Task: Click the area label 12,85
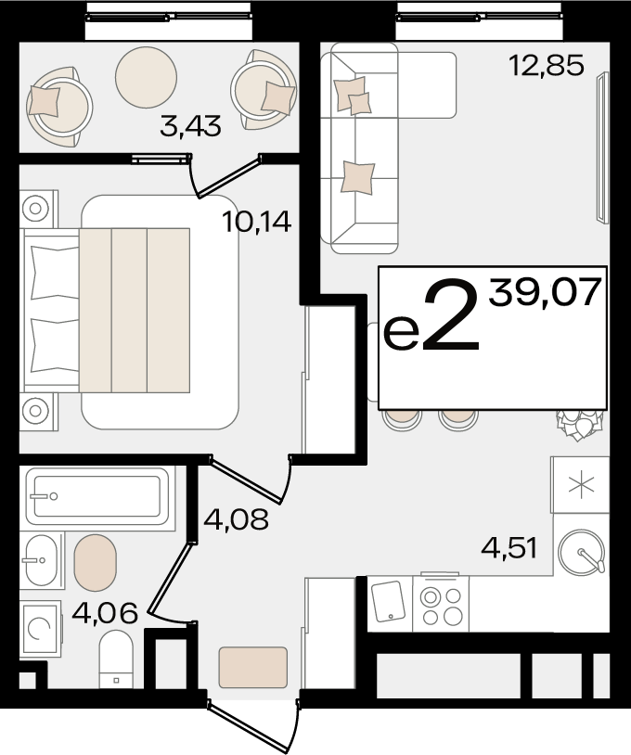coord(547,66)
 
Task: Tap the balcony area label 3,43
coord(190,127)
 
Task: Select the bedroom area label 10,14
coord(257,222)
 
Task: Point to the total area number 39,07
coord(545,292)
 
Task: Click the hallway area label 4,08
coord(236,519)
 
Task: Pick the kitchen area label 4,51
coord(509,548)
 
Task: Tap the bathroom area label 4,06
coord(105,613)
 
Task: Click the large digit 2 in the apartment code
coord(451,316)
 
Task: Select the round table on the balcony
coord(146,77)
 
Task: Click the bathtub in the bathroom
coord(97,496)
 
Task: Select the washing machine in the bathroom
coord(41,628)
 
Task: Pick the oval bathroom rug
coord(96,562)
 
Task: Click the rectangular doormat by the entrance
coord(253,668)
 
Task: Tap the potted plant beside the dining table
coord(578,424)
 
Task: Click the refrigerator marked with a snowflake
coord(580,485)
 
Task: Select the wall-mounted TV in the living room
coord(602,147)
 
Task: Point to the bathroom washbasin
coord(43,560)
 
